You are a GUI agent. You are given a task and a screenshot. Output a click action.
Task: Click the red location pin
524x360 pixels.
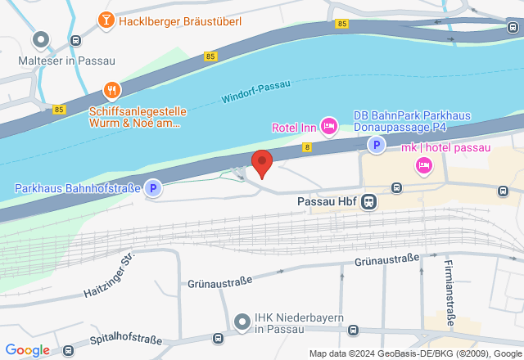[261, 163]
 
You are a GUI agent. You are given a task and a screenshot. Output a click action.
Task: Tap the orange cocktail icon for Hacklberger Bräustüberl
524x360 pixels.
[106, 20]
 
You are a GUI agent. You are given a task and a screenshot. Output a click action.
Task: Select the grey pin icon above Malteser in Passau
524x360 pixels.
[41, 38]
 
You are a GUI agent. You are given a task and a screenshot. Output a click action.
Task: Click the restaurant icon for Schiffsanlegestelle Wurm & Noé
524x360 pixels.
[112, 90]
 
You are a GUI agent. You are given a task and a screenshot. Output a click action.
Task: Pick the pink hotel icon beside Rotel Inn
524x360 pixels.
[329, 125]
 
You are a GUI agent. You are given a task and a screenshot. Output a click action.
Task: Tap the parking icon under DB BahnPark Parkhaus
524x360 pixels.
[376, 146]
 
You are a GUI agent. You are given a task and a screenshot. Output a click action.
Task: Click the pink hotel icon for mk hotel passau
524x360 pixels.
[424, 165]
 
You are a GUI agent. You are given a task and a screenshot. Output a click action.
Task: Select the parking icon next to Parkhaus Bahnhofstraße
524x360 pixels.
[153, 189]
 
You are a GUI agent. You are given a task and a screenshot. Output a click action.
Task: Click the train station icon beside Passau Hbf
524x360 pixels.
[370, 201]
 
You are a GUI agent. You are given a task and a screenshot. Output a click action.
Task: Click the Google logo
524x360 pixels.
[27, 350]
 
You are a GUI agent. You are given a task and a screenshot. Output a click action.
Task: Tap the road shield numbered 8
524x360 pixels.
[307, 147]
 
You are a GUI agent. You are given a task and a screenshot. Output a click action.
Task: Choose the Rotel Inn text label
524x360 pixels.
[295, 127]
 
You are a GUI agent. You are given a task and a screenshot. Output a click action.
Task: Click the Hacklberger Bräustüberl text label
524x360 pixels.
[180, 20]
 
